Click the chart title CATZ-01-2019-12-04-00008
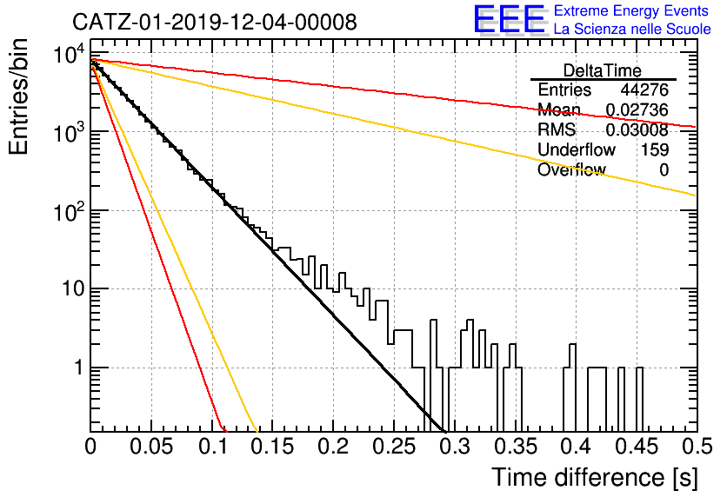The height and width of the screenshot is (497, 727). point(215,22)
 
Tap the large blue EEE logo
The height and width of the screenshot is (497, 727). point(509,19)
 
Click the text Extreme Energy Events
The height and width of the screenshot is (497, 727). point(631,10)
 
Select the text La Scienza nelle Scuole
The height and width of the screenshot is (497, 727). point(632,30)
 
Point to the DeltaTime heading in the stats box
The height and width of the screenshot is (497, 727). point(603,71)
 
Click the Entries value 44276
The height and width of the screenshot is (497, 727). point(644,89)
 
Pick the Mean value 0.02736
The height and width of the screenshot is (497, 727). point(637,109)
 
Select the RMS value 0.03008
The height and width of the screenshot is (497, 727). point(637,129)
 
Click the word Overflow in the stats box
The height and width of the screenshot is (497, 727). point(571,169)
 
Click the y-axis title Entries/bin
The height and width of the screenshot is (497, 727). point(18,96)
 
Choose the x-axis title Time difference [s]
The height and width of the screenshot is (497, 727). point(595,478)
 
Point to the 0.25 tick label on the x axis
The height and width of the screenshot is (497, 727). point(394,447)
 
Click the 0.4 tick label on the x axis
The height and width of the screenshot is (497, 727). point(577,447)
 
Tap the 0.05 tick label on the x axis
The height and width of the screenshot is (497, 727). point(151,447)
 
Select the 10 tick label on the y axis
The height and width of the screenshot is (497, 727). point(73,288)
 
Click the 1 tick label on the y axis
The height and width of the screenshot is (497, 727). point(79,368)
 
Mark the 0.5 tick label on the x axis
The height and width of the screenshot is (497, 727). point(697,447)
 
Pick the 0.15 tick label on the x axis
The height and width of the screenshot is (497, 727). point(273,447)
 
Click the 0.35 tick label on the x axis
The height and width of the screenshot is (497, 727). point(516,447)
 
